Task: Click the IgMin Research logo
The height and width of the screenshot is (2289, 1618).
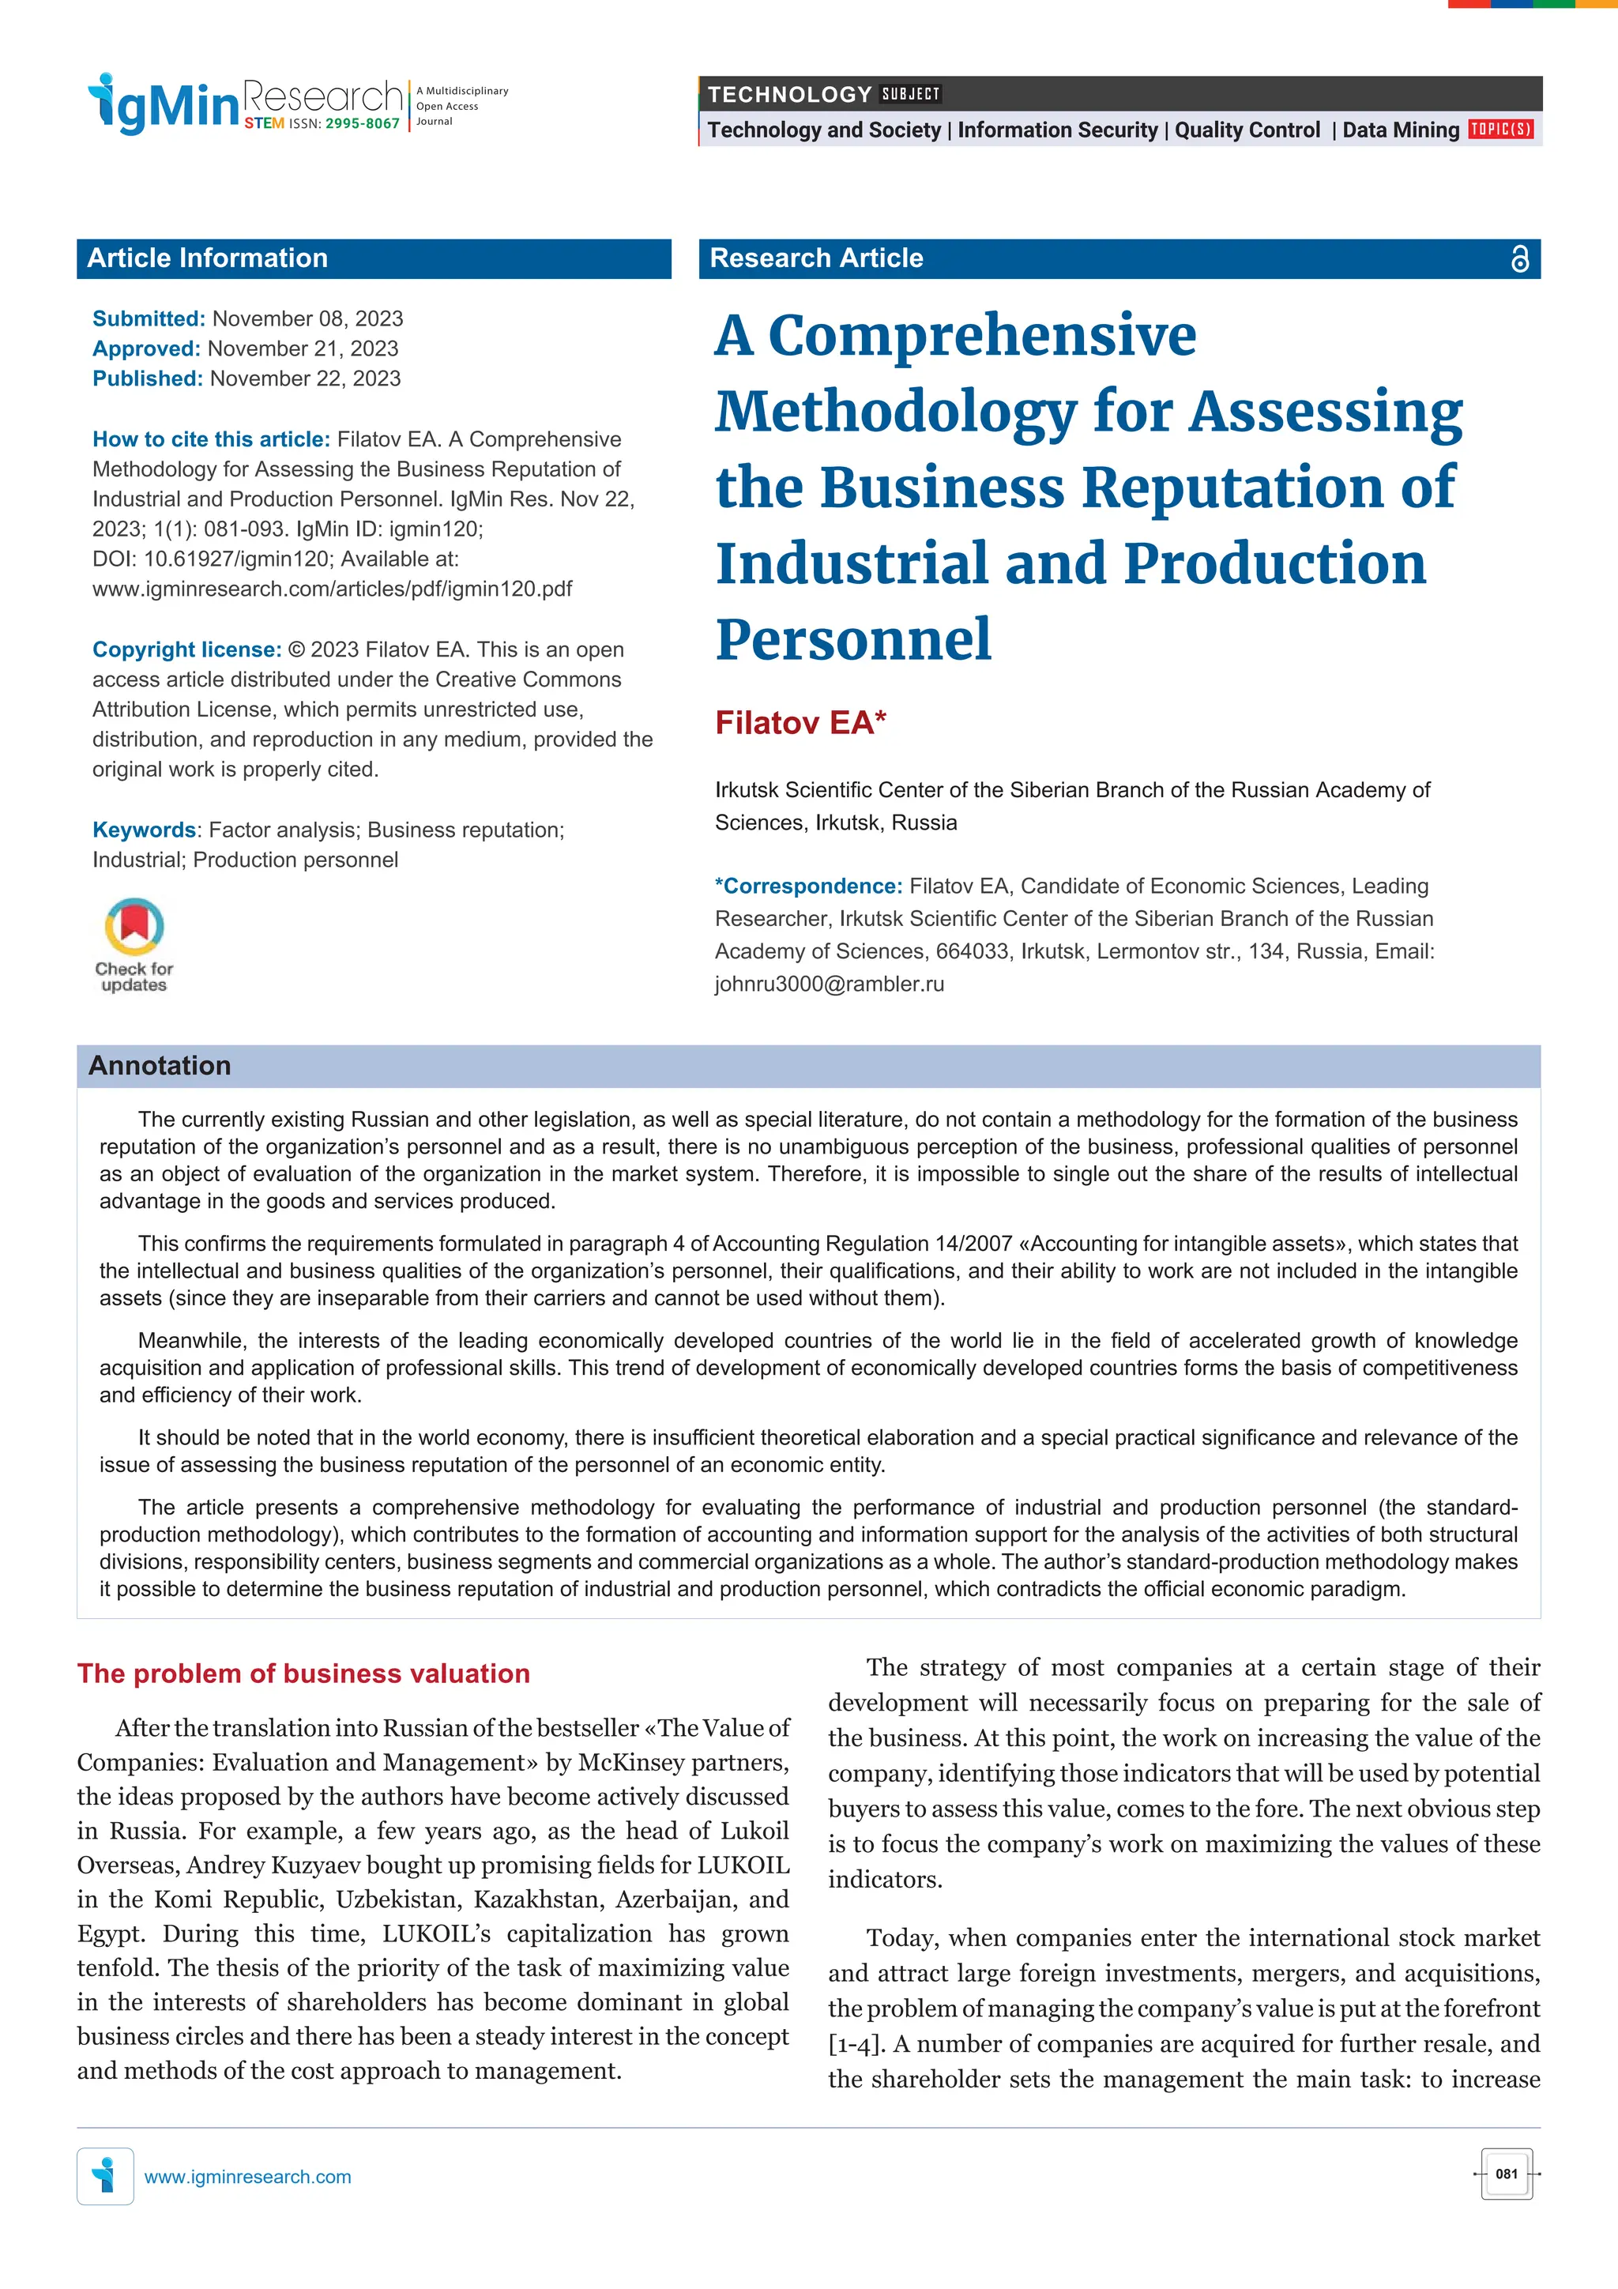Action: (x=244, y=102)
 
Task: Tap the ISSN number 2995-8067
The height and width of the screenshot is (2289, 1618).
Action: (x=362, y=123)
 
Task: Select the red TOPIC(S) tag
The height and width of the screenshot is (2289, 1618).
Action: (x=1500, y=130)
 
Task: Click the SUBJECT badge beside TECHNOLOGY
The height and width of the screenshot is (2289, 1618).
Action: (x=910, y=95)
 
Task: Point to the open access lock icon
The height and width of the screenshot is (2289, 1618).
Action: (x=1518, y=259)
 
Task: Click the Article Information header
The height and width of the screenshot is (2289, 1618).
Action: (x=207, y=258)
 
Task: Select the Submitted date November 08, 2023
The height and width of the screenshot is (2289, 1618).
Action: (x=307, y=319)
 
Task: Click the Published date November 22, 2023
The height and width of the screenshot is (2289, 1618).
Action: (x=305, y=378)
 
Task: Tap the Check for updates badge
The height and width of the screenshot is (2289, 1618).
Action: (x=134, y=945)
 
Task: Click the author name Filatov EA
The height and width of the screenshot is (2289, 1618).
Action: (x=800, y=723)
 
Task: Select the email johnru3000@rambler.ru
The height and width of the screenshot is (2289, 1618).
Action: (x=830, y=984)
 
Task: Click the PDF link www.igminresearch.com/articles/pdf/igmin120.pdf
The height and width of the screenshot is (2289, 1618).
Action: (x=332, y=589)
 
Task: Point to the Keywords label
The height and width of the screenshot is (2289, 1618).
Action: (x=144, y=830)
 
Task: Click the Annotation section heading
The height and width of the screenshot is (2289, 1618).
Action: (x=160, y=1066)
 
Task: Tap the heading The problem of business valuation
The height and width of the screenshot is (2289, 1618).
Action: (x=303, y=1673)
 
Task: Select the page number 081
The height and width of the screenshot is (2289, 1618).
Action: (x=1507, y=2174)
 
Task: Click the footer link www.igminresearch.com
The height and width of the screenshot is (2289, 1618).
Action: (x=247, y=2176)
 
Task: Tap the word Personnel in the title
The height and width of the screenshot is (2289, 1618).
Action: (x=853, y=640)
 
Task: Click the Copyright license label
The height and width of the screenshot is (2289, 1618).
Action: (x=186, y=650)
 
